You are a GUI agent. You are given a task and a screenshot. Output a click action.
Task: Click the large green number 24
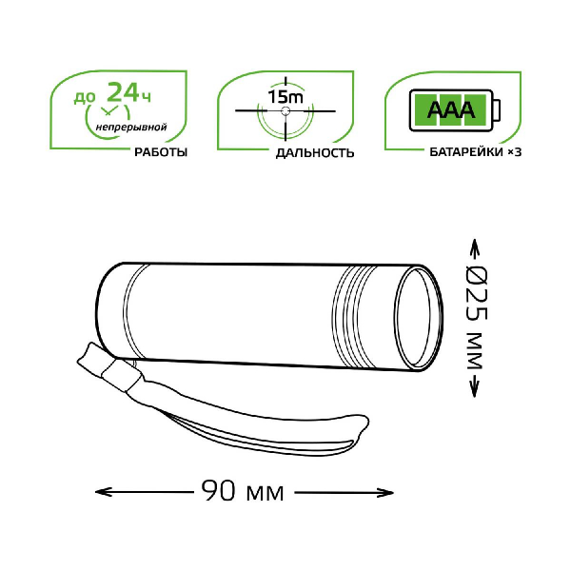pyautogui.click(x=123, y=91)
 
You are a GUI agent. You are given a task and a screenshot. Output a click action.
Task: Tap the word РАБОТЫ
pyautogui.click(x=161, y=152)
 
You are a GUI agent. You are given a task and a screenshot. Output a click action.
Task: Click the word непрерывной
pyautogui.click(x=131, y=128)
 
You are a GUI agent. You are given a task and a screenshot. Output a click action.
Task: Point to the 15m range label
pyautogui.click(x=285, y=96)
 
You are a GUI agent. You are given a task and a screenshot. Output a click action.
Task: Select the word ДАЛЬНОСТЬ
pyautogui.click(x=315, y=153)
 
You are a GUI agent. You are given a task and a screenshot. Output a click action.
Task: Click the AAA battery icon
pyautogui.click(x=455, y=110)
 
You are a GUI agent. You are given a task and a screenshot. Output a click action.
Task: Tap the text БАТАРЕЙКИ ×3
pyautogui.click(x=475, y=152)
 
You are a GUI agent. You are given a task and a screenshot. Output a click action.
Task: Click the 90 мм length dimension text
pyautogui.click(x=243, y=491)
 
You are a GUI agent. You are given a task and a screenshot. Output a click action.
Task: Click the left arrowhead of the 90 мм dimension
pyautogui.click(x=101, y=492)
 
